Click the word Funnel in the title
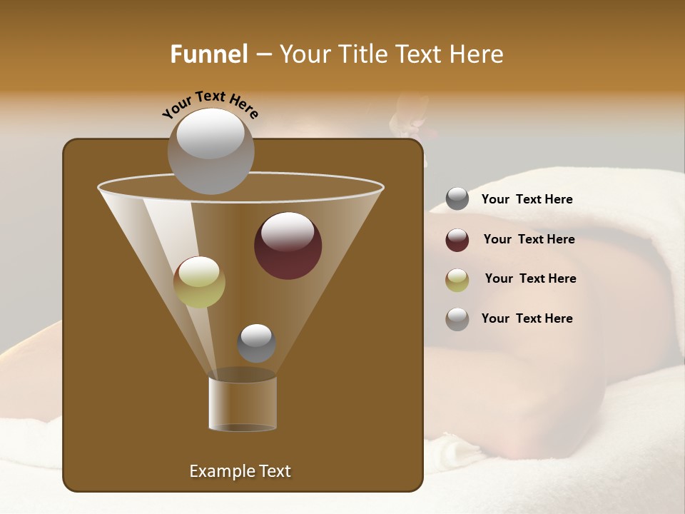[209, 54]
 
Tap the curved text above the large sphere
[210, 104]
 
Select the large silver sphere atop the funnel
[210, 151]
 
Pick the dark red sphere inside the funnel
[288, 245]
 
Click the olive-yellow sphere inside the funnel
[199, 282]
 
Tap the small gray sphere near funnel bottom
[256, 343]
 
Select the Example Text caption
[240, 471]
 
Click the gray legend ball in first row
[457, 199]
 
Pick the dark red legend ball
[457, 240]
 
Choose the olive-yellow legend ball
[457, 280]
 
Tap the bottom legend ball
[457, 319]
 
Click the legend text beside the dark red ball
[529, 239]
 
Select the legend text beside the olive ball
[530, 278]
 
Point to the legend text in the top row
[527, 199]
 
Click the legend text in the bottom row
[527, 318]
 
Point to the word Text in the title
[417, 54]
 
